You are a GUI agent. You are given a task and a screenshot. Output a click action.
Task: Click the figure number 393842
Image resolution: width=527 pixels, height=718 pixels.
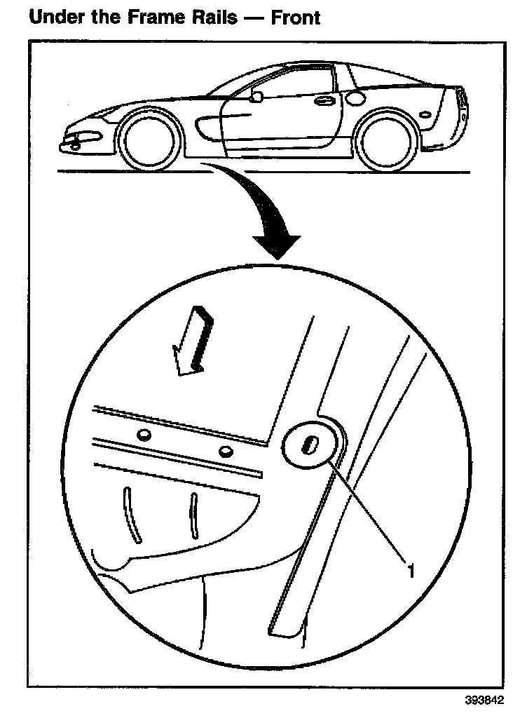[x=483, y=700]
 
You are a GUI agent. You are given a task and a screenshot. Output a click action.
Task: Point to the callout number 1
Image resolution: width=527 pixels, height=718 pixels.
[x=411, y=569]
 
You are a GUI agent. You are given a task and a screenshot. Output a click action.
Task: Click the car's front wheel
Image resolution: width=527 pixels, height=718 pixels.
[x=146, y=140]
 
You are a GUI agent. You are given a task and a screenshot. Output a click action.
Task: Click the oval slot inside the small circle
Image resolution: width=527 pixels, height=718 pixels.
[x=308, y=445]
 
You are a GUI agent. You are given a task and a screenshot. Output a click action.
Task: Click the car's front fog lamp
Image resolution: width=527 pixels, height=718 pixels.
[x=74, y=146]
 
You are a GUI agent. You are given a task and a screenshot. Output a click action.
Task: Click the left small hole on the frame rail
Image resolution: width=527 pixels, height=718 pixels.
[x=143, y=435]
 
